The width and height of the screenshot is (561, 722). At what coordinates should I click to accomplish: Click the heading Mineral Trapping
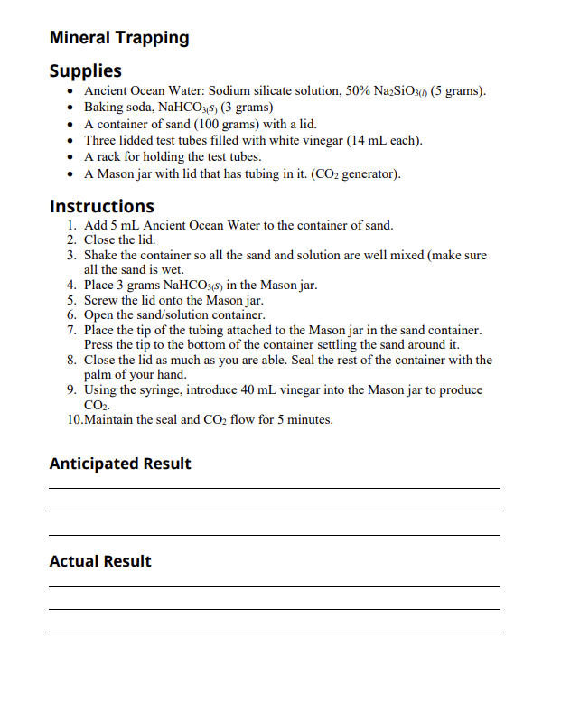click(x=119, y=38)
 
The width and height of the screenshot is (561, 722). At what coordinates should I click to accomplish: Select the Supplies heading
click(x=85, y=70)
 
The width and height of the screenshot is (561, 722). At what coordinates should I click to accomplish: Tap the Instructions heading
click(x=101, y=206)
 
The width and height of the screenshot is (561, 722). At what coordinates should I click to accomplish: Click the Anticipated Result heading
click(x=120, y=464)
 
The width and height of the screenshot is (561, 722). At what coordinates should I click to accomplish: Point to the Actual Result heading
click(x=100, y=561)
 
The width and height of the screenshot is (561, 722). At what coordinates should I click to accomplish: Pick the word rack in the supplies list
click(x=109, y=156)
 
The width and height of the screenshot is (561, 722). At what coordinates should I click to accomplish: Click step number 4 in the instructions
click(x=71, y=285)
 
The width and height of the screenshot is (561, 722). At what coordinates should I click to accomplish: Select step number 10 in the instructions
click(x=74, y=419)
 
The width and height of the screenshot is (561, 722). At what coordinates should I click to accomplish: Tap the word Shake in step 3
click(x=101, y=256)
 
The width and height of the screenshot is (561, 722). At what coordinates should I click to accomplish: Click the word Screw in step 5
click(x=101, y=300)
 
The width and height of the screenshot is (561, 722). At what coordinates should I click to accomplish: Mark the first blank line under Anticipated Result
click(x=274, y=488)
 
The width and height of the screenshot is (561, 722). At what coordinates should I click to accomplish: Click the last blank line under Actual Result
click(x=274, y=632)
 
